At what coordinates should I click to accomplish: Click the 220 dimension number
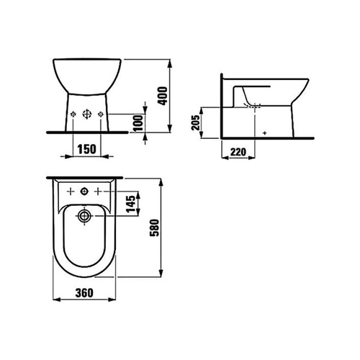pos(239,151)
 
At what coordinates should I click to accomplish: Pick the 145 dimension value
pos(130,204)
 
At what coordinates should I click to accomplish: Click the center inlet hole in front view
pos(87,114)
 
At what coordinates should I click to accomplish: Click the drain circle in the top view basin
pos(86,215)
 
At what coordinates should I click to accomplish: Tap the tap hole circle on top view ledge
pos(86,192)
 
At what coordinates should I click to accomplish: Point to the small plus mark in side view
pos(265,133)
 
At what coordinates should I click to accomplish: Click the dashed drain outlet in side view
pos(253,105)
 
